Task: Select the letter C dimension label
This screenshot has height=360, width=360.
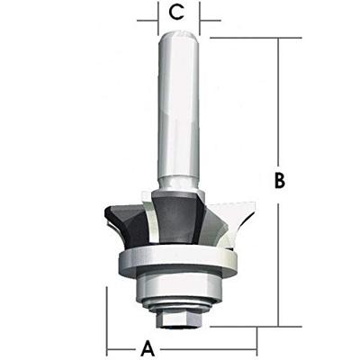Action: [177, 13]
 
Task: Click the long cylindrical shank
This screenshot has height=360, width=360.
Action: [177, 108]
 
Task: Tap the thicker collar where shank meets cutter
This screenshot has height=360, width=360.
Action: [177, 184]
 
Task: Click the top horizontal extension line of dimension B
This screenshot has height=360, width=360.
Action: [252, 38]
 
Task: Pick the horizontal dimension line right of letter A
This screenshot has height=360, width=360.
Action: [207, 346]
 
